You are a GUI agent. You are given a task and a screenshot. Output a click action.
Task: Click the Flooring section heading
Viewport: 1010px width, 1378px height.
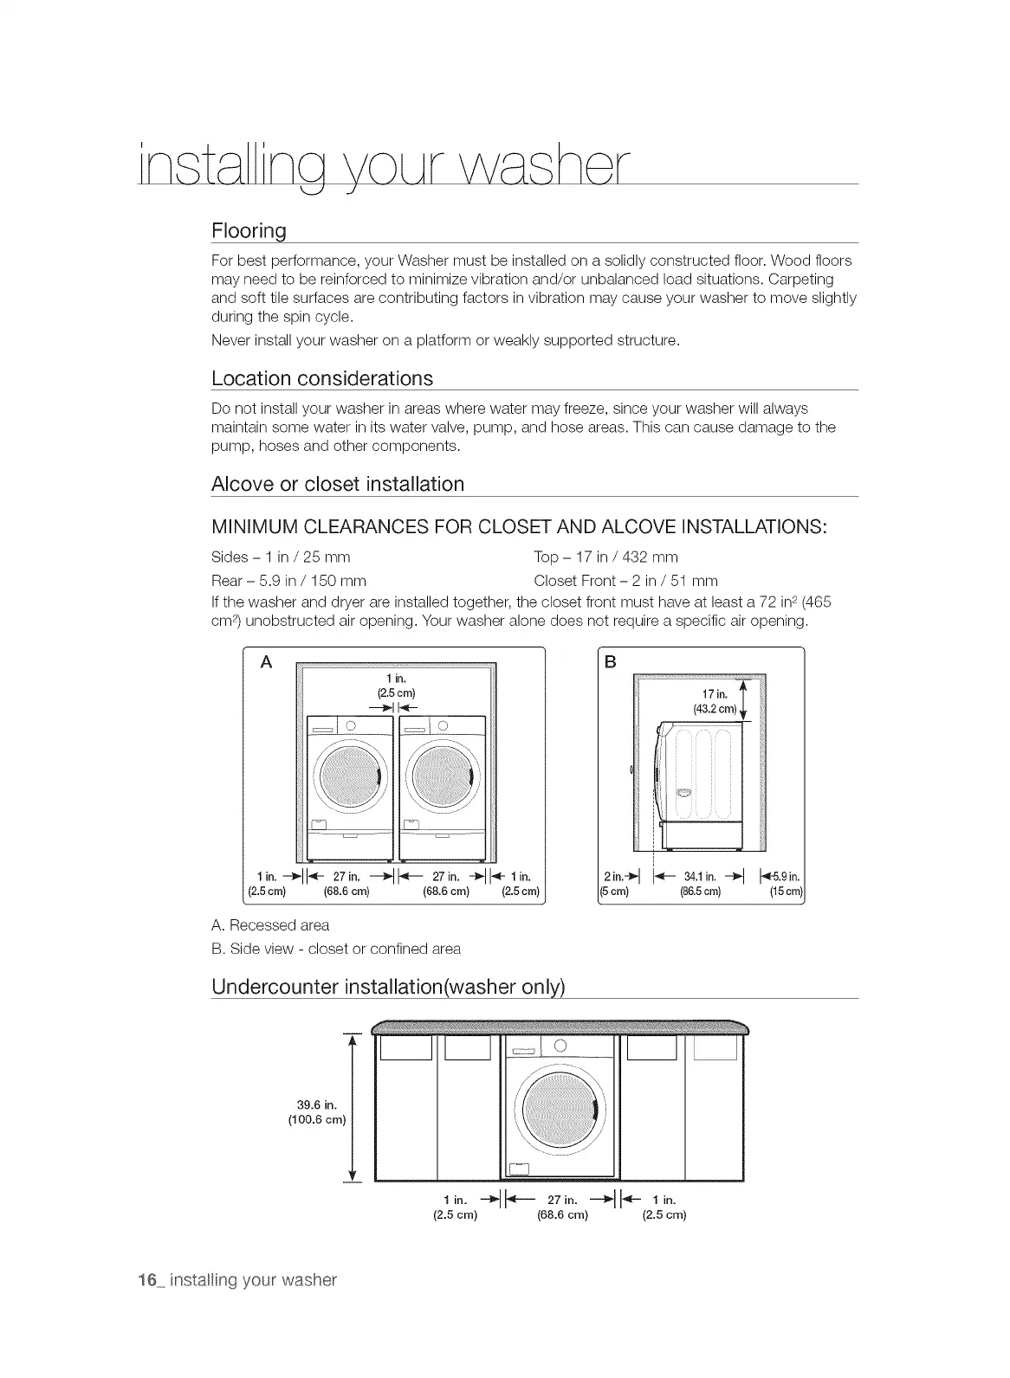(249, 231)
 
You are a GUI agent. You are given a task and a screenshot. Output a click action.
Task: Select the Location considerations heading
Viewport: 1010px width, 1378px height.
(321, 379)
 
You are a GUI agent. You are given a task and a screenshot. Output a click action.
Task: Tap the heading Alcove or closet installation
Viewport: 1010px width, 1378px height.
(337, 484)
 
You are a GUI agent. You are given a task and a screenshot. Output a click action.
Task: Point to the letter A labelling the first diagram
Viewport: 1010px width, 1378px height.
(266, 662)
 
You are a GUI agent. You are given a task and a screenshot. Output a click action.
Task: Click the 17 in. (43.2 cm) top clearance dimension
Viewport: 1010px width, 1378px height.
(715, 701)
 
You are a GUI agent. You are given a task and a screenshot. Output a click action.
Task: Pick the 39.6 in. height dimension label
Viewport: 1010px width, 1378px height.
(316, 1112)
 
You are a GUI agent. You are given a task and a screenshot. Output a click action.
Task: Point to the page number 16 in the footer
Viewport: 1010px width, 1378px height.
(146, 1280)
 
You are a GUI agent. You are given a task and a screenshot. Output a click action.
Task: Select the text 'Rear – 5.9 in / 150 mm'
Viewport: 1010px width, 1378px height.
(288, 580)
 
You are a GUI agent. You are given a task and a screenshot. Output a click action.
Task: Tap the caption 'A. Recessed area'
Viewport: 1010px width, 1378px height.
(270, 925)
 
